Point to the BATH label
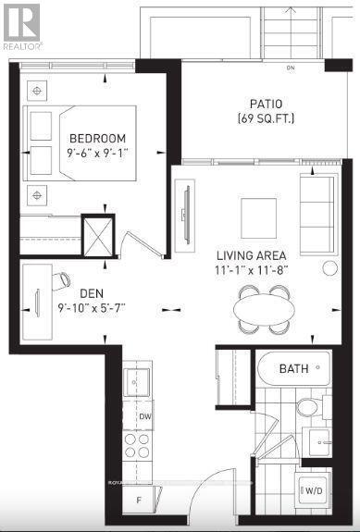(x=294, y=369)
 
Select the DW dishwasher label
(x=144, y=416)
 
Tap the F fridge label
(x=140, y=501)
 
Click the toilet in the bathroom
(x=307, y=406)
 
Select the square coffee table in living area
(x=258, y=219)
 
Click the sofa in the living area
(x=318, y=214)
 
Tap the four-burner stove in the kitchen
(x=138, y=447)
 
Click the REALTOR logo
(x=20, y=25)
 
